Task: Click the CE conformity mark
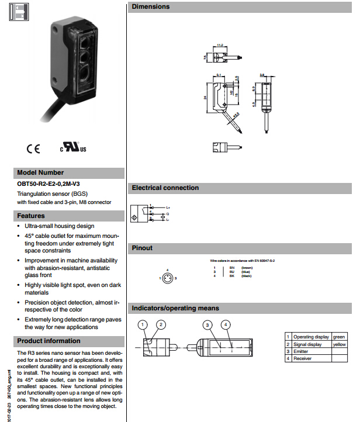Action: [33, 148]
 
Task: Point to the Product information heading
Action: [49, 341]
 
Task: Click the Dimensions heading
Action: [151, 7]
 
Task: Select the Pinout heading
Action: [142, 248]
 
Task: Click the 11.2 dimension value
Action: [220, 44]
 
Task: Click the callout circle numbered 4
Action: [226, 324]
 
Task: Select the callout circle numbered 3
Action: [207, 324]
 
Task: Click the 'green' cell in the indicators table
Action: [339, 337]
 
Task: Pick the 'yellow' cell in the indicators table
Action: [339, 344]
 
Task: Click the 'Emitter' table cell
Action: [301, 351]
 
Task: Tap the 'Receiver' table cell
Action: [302, 358]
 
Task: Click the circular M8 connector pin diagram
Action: [168, 278]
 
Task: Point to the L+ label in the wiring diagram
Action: [168, 207]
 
